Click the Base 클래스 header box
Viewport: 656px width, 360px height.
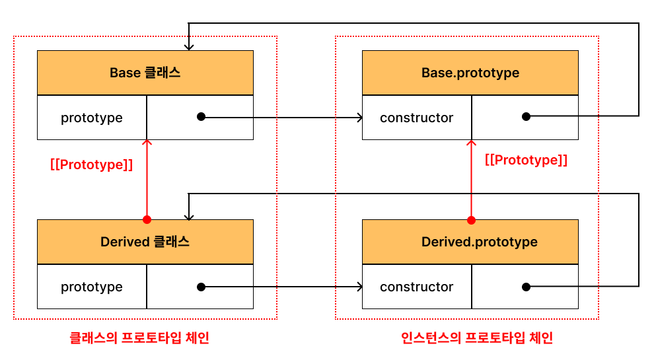pos(145,73)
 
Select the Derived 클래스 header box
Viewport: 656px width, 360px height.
pos(145,242)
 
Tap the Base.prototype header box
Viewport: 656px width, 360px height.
pos(470,73)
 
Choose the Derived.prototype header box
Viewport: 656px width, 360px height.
pos(470,242)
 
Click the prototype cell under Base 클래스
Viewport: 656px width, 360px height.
pos(92,118)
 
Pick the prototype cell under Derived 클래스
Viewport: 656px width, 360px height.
pos(92,287)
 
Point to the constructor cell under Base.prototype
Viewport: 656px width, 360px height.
pos(417,118)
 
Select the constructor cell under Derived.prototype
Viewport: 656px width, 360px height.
pos(417,287)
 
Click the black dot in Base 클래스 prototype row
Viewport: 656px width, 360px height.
pos(201,117)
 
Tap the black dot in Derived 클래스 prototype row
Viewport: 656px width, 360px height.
pos(201,287)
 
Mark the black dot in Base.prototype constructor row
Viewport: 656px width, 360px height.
pos(527,116)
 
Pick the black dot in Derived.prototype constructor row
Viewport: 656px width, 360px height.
pos(527,287)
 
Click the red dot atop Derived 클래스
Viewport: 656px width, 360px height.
pos(147,219)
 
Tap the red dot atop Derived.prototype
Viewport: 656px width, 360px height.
pos(472,220)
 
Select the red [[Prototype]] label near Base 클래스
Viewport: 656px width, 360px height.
pos(91,164)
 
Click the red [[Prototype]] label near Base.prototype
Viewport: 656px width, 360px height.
pos(526,160)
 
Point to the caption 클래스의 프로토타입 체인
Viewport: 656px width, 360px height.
pos(139,338)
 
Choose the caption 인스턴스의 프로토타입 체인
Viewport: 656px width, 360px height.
pos(477,338)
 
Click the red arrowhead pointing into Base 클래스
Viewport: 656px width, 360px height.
pos(147,142)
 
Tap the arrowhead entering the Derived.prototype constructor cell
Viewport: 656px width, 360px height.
pos(360,287)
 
